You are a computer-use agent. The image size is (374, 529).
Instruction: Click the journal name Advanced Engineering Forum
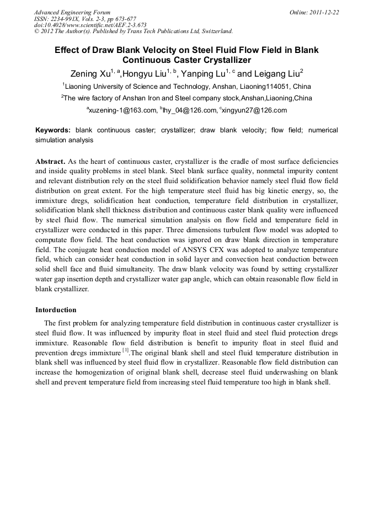(x=72, y=12)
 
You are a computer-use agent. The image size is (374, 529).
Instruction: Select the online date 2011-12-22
(x=324, y=12)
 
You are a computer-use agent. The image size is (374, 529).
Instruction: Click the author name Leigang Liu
(x=276, y=74)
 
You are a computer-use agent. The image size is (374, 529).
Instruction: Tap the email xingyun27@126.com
(x=255, y=110)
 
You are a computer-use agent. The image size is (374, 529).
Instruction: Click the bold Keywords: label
(x=53, y=130)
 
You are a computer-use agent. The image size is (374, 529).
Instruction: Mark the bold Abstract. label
(x=51, y=162)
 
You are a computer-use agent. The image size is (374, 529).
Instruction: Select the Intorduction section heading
(x=56, y=310)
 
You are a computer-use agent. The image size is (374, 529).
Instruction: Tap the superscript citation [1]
(x=126, y=350)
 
